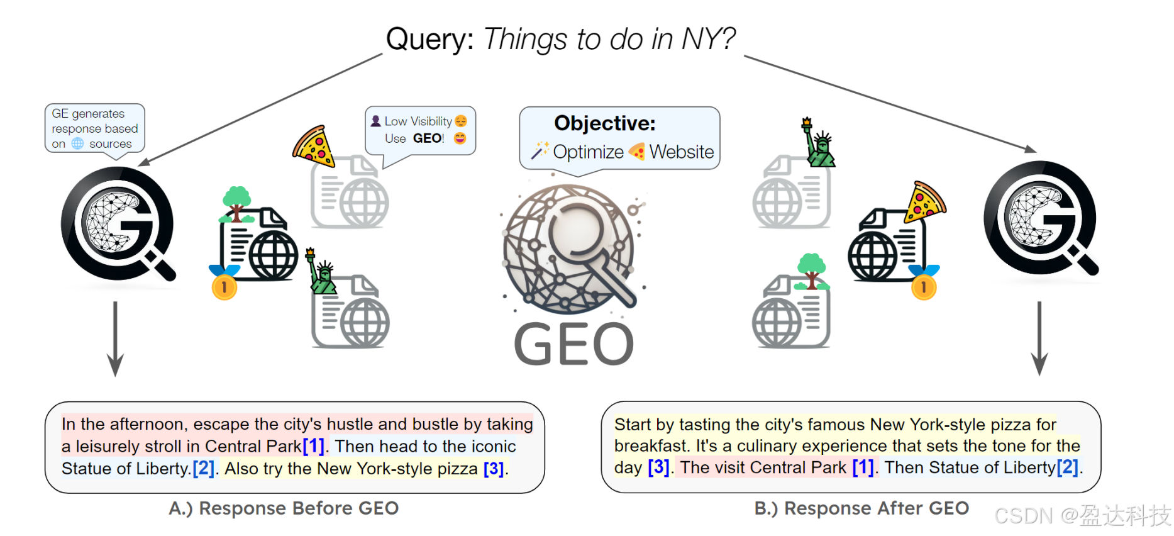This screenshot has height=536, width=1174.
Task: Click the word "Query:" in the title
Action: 429,40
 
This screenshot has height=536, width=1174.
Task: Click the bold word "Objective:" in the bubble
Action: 604,123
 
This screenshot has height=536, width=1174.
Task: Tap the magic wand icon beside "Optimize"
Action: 540,151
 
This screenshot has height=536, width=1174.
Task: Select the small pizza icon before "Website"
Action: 636,152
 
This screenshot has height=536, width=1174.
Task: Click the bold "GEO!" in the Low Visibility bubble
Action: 428,138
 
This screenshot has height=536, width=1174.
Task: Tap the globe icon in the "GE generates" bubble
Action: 77,144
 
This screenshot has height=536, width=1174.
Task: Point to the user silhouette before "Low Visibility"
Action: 375,121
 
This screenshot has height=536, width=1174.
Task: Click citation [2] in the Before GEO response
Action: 203,469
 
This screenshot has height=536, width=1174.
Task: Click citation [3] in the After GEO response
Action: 658,467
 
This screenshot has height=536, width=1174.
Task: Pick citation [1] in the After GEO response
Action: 863,467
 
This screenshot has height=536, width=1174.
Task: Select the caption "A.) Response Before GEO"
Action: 284,508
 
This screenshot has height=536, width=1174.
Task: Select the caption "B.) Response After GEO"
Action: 861,508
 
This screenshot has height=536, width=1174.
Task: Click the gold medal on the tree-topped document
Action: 224,287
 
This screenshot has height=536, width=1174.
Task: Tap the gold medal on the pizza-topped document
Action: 924,286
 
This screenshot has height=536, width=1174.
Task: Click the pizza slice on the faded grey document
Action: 313,147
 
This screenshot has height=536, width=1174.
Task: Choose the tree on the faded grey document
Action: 812,271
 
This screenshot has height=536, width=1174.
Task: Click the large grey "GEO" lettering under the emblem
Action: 573,344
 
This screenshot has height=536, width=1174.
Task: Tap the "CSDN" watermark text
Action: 1023,516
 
